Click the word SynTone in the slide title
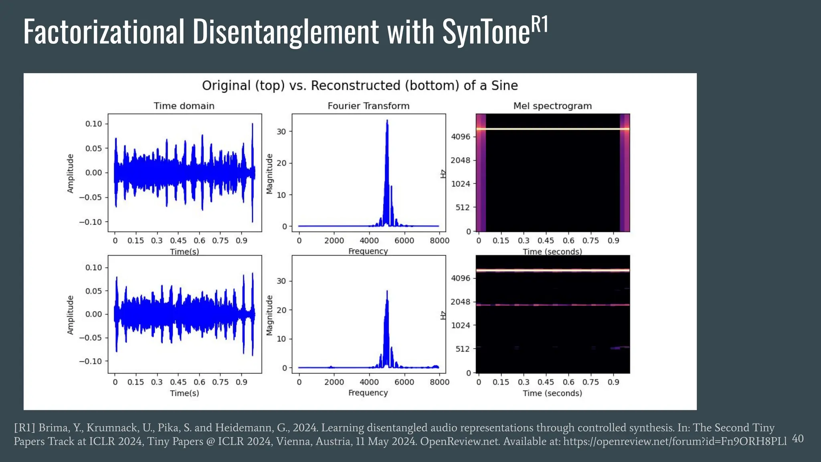(486, 32)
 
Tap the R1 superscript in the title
(540, 25)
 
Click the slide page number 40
(798, 439)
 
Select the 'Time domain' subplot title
(184, 106)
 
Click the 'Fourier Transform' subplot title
(368, 106)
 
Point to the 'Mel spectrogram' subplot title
(552, 106)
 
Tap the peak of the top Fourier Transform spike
(387, 120)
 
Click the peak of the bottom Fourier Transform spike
(387, 291)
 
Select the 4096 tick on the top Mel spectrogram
(460, 137)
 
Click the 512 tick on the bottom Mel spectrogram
(462, 349)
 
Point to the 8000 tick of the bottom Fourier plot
(439, 382)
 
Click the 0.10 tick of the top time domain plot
(93, 124)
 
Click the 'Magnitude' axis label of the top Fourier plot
(269, 173)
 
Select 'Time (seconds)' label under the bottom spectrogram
(552, 393)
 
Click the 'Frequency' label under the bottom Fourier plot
(368, 393)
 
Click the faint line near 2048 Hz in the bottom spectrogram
(552, 305)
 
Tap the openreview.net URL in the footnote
(675, 442)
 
